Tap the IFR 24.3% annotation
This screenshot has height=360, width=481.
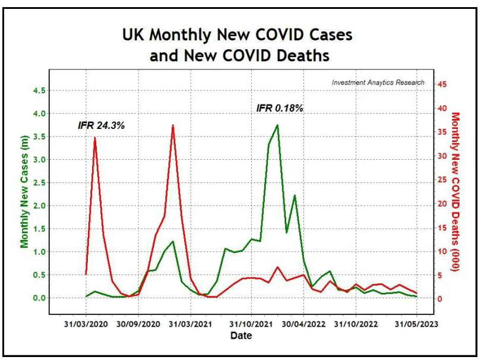tap(101, 126)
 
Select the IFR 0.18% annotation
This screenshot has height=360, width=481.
tap(280, 108)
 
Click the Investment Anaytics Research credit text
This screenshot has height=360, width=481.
tap(378, 83)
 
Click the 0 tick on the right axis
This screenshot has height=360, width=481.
tap(439, 298)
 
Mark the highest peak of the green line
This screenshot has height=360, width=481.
tap(277, 125)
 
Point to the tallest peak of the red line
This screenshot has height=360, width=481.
tap(173, 125)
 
